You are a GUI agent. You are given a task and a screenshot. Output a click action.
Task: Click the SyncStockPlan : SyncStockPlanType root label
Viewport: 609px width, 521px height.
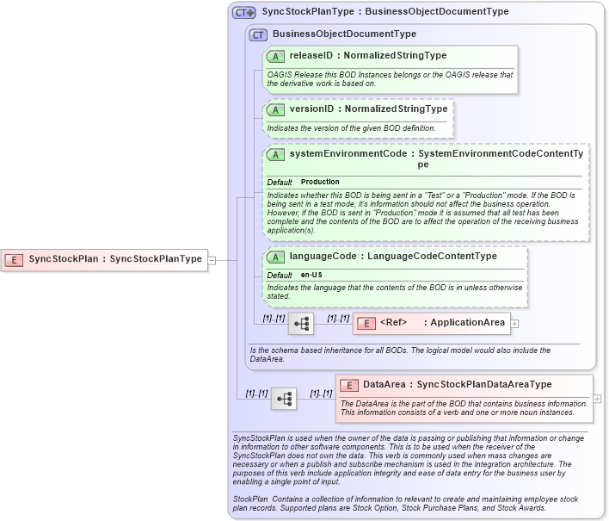[115, 258]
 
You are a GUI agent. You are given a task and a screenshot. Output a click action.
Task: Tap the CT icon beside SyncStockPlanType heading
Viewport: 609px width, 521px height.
[244, 13]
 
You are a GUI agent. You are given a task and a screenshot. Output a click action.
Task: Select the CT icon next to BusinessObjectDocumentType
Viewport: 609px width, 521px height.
[258, 34]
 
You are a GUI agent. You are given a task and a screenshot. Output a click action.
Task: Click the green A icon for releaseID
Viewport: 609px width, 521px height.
[276, 56]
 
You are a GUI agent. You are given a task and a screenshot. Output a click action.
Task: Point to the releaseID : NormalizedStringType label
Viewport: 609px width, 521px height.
[367, 56]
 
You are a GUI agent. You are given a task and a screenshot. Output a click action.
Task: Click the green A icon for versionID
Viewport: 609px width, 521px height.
[276, 109]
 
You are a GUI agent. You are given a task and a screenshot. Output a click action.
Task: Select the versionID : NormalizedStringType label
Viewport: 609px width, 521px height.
[368, 109]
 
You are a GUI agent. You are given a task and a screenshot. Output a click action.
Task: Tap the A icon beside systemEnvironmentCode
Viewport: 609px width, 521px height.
[276, 154]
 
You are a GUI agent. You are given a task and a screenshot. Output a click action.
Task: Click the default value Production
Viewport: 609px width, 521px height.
[320, 183]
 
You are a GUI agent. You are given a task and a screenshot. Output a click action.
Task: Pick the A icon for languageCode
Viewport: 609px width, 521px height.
[276, 257]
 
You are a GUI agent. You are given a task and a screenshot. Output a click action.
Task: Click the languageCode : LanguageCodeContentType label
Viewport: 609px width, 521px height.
[393, 257]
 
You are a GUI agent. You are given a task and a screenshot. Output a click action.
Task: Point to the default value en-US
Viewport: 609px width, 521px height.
[312, 275]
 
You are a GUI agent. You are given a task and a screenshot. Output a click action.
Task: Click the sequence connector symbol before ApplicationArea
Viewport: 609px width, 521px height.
[301, 324]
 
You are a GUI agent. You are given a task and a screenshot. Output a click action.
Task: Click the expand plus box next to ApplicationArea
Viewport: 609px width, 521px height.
[515, 324]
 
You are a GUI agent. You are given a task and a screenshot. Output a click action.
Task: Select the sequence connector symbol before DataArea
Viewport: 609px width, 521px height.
[284, 398]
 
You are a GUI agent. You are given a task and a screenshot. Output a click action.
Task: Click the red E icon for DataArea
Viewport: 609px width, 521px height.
[349, 385]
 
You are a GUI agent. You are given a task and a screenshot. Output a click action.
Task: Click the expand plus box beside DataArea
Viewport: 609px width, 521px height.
[598, 400]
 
